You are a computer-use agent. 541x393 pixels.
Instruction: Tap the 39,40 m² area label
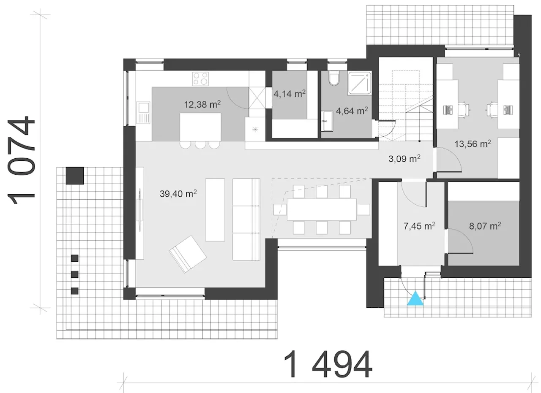178,193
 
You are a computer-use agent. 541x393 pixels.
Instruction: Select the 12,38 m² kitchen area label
202,104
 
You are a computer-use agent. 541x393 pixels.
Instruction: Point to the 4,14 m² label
290,94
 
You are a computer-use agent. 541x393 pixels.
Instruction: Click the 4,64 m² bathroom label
352,111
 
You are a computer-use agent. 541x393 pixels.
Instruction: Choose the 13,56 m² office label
473,144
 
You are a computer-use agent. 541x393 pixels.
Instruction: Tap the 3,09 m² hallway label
404,159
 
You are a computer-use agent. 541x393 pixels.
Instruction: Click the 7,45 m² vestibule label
420,226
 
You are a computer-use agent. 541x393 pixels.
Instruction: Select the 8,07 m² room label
485,226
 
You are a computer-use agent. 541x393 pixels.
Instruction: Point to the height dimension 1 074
21,160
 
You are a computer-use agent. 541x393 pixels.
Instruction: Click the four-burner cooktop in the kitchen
200,79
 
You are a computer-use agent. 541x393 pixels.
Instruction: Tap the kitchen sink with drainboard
143,113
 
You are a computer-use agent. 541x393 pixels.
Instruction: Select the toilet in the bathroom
334,78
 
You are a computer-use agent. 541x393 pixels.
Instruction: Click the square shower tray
360,83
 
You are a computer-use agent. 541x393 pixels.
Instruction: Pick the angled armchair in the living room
188,254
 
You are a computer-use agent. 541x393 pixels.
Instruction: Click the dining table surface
322,209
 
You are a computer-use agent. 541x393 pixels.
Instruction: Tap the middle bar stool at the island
200,145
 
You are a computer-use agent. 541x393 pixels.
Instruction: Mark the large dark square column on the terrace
75,176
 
